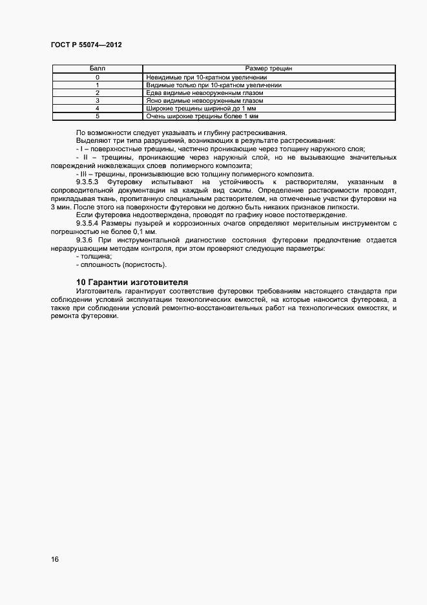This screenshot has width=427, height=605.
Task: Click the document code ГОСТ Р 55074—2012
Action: tap(86, 45)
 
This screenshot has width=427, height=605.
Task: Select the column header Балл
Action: tap(97, 68)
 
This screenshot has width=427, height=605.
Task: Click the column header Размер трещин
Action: tap(269, 68)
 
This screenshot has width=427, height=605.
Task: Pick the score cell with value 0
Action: tap(97, 78)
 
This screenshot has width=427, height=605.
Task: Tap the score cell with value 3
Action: tap(97, 101)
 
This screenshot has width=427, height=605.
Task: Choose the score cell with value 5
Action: tap(97, 116)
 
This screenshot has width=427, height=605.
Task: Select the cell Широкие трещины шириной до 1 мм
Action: tap(202, 109)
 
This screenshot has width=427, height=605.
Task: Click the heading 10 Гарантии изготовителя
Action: tap(132, 282)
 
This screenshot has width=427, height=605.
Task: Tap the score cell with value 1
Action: tap(97, 85)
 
